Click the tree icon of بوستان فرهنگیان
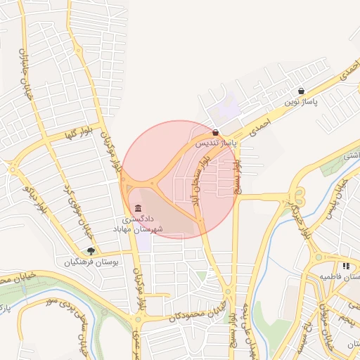(x=91, y=251)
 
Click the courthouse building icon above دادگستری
(x=138, y=209)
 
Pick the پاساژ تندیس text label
(x=216, y=143)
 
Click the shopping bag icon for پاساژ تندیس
(x=215, y=132)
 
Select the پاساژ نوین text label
(x=302, y=102)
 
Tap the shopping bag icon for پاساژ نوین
(x=301, y=91)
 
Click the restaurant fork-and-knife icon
(x=346, y=266)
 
